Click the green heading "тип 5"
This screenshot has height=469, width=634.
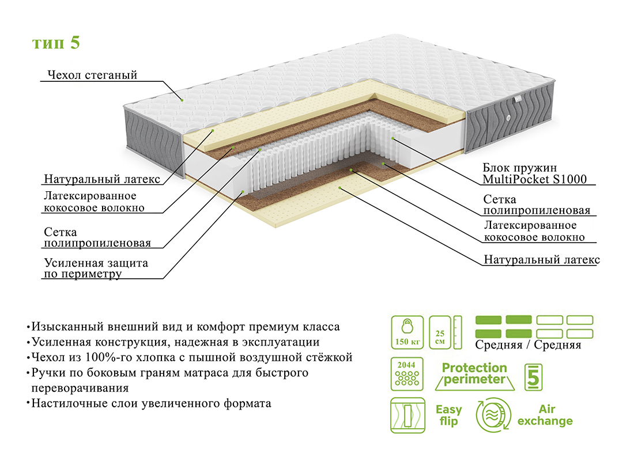(x=56, y=44)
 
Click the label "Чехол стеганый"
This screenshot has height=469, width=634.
(x=91, y=75)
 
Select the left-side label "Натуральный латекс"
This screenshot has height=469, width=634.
(x=102, y=179)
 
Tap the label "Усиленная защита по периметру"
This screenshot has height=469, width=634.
(x=96, y=268)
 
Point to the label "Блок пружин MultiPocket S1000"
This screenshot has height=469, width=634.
(x=534, y=173)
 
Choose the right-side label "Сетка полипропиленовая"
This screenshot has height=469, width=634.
(x=537, y=204)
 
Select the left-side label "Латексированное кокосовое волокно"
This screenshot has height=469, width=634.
(x=94, y=202)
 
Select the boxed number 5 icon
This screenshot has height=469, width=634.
(x=533, y=376)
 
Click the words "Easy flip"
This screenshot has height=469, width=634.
(x=448, y=415)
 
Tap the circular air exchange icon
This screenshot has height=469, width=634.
(x=493, y=415)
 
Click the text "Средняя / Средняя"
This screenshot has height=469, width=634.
(x=528, y=345)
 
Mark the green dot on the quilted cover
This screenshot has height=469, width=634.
(x=182, y=100)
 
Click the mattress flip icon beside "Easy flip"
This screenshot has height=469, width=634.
(x=407, y=415)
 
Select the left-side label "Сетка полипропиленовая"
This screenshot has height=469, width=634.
(x=97, y=237)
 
